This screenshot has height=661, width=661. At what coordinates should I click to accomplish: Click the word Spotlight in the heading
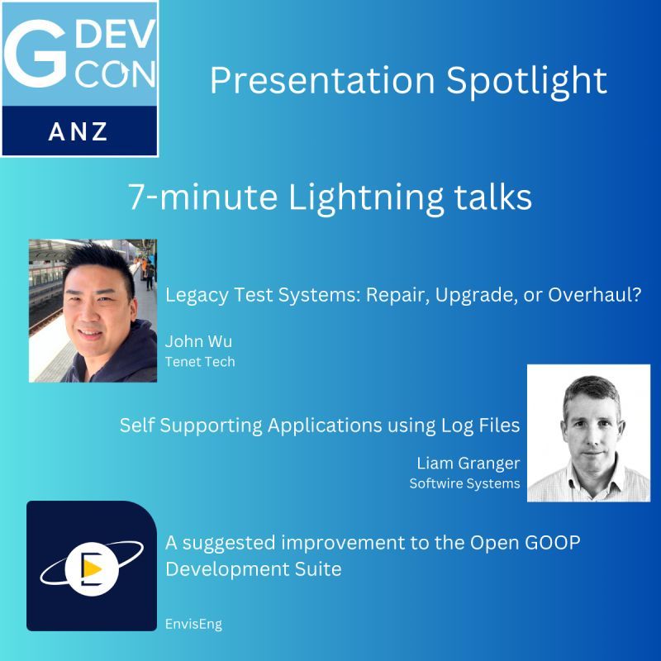(528, 80)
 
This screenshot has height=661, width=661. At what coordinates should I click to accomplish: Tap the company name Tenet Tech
(200, 361)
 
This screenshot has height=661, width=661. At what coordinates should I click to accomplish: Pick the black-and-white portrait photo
(588, 432)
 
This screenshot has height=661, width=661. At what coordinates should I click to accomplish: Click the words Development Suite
(253, 570)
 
